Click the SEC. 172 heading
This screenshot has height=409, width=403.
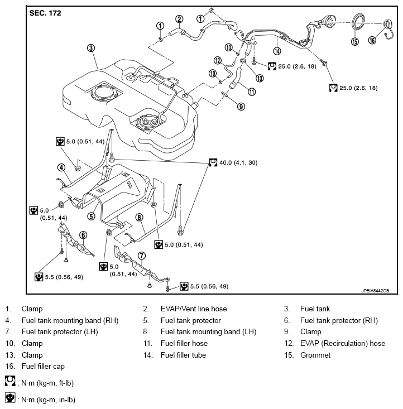(45, 12)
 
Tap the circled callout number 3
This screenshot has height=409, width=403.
(92, 49)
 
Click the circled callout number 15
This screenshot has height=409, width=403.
(354, 41)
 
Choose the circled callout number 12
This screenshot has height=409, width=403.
(218, 60)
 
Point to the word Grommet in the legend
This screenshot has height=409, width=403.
(315, 355)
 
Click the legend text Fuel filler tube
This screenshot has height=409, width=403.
(183, 355)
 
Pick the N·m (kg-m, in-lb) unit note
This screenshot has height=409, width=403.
(46, 400)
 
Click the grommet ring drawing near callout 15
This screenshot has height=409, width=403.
(357, 23)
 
